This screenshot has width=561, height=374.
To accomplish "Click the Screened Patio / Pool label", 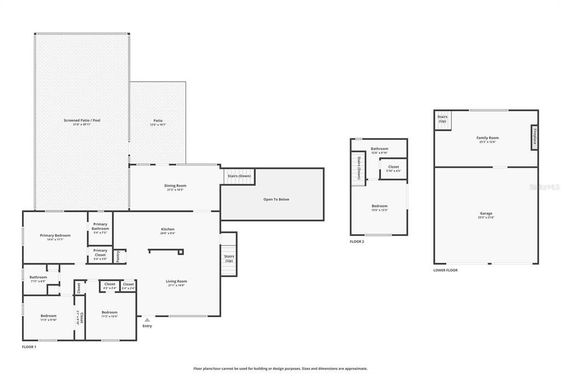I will [82, 120].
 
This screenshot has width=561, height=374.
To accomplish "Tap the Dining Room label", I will [175, 186].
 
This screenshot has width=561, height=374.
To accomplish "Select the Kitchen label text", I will [168, 229].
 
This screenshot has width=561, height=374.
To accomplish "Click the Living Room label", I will [176, 282].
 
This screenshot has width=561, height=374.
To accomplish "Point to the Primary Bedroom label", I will [55, 235].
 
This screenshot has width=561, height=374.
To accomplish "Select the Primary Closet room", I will [100, 253].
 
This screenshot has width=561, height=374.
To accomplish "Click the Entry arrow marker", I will [147, 320].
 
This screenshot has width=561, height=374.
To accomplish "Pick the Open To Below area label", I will [276, 199].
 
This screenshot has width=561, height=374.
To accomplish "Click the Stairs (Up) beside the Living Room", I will [229, 258].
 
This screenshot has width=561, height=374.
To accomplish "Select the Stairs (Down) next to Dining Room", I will [238, 176].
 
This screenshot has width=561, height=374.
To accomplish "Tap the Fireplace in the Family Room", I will [534, 137].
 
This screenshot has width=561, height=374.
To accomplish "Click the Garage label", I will [486, 213].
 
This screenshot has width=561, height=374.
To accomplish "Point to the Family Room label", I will [487, 138].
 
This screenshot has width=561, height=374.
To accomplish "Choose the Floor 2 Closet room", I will [393, 167].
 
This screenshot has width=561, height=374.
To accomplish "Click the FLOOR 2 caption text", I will [357, 241].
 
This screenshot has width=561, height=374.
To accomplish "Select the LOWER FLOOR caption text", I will [445, 270].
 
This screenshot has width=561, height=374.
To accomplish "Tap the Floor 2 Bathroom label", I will [379, 149].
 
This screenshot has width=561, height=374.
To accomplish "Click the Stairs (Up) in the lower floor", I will [442, 118].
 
